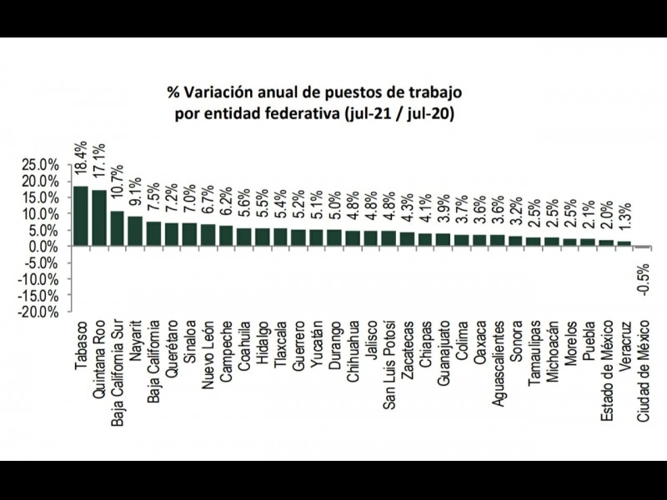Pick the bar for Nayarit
[x=135, y=231]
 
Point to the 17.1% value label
[x=99, y=169]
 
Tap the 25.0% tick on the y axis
[x=41, y=164]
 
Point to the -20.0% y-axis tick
[x=39, y=312]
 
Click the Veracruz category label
[x=625, y=347]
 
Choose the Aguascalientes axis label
[x=498, y=358]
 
